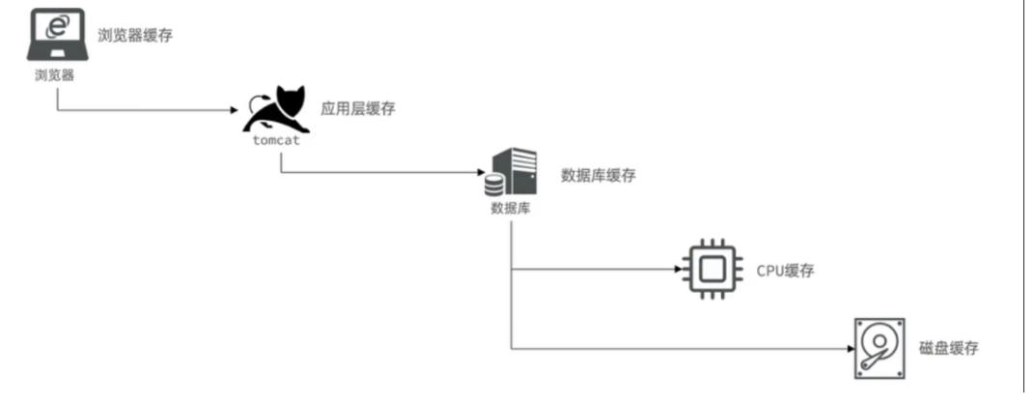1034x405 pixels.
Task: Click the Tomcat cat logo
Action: click(x=276, y=110)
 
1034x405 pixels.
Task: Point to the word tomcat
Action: click(x=277, y=141)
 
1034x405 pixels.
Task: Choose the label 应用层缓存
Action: click(x=357, y=109)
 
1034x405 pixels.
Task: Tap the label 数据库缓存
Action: click(x=599, y=177)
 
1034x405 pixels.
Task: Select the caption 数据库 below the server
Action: click(x=509, y=208)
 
